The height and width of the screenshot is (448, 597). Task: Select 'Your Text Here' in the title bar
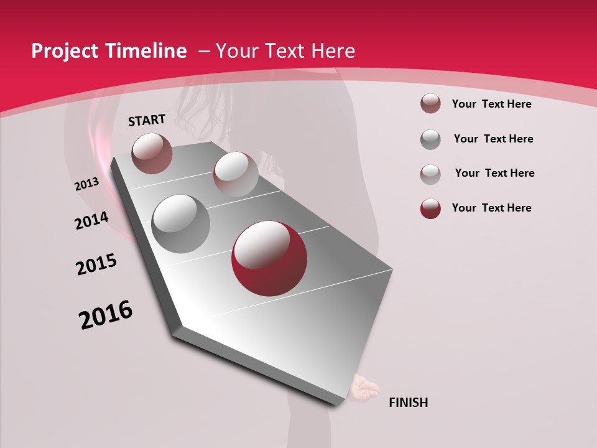[285, 51]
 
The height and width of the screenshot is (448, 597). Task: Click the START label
[147, 120]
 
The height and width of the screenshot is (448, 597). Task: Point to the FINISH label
[408, 403]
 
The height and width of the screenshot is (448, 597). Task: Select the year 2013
[86, 184]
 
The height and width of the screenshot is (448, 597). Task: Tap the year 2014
[91, 220]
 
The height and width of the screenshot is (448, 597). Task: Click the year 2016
[106, 315]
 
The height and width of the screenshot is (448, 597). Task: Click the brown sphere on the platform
[152, 153]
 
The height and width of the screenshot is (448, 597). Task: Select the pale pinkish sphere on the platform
[235, 174]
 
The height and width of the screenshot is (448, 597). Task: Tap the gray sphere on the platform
[180, 223]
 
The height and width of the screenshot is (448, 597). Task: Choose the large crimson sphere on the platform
[269, 258]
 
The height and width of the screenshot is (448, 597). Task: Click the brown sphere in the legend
[430, 104]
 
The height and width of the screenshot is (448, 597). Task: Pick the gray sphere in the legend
[430, 139]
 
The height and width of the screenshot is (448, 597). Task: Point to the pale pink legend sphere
[430, 174]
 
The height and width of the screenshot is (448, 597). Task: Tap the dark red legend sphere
[430, 208]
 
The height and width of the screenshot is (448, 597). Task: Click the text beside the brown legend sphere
[491, 104]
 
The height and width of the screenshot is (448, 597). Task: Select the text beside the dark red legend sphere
[491, 208]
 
